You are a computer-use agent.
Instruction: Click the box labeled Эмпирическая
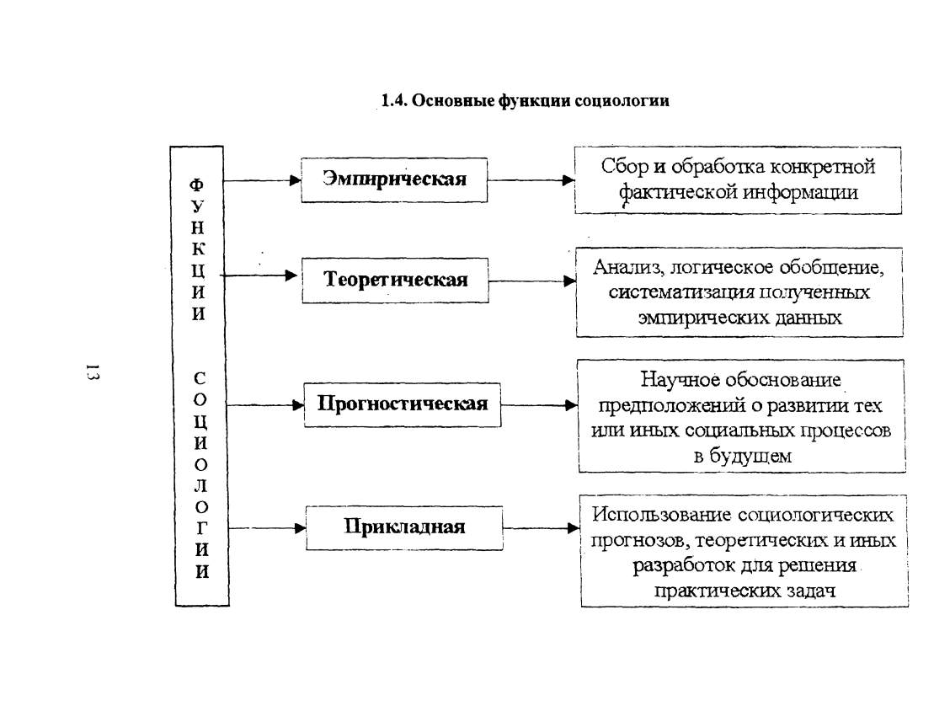tap(394, 180)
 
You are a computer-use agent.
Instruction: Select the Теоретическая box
tap(395, 280)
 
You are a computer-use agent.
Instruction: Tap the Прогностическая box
tap(402, 404)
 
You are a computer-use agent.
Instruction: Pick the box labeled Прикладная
tap(404, 528)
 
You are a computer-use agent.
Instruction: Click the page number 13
tap(93, 372)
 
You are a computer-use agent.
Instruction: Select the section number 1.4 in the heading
tap(393, 101)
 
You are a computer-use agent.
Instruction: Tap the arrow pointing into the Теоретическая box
tap(259, 275)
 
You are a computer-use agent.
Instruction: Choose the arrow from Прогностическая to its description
tap(540, 405)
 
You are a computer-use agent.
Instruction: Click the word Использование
tap(661, 515)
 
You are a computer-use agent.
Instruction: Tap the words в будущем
tap(743, 457)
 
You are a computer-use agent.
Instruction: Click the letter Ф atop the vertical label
tap(196, 185)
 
